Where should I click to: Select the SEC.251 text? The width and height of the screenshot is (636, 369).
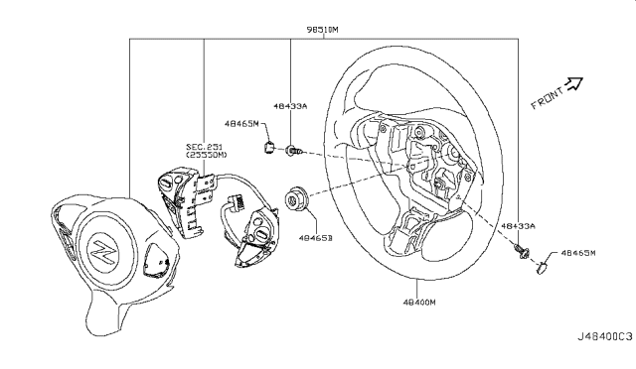click(203, 146)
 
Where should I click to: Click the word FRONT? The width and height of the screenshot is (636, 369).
click(548, 98)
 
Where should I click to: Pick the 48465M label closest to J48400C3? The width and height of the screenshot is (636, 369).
click(581, 253)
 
